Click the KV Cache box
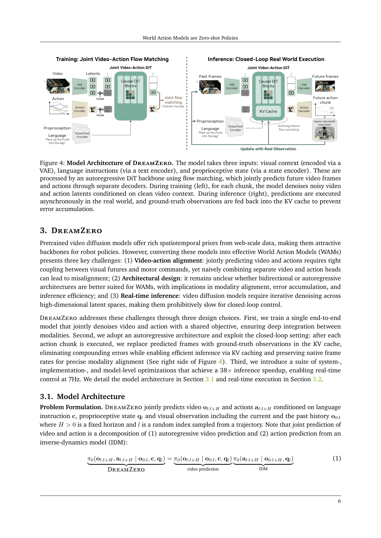tap(268, 111)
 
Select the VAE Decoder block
tap(304, 86)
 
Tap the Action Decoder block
tap(304, 110)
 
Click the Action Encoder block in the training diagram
tap(80, 109)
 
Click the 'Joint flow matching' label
tap(173, 100)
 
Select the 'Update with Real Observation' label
tap(268, 149)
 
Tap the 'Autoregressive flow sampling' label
tap(289, 128)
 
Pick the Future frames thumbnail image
tap(325, 86)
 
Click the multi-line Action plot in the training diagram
tap(59, 108)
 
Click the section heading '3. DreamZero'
tap(71, 231)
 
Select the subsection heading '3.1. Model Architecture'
tap(82, 397)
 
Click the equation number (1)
tap(337, 458)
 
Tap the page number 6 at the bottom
tap(339, 501)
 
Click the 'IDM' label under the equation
tap(263, 469)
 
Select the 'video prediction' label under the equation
tap(203, 469)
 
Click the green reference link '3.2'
tap(317, 379)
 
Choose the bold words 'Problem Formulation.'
tap(71, 407)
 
